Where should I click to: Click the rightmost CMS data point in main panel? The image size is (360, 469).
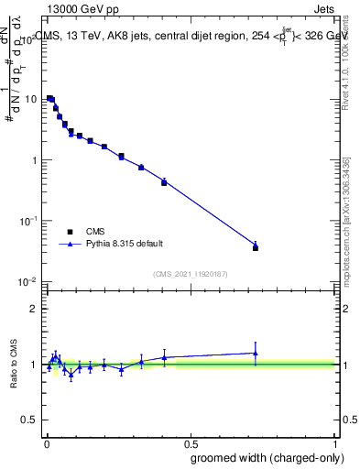[256, 247]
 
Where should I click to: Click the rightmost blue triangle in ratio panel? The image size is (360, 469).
[256, 353]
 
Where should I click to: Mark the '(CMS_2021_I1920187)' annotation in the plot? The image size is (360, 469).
[191, 273]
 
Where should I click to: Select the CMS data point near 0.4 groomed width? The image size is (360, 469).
[164, 183]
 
